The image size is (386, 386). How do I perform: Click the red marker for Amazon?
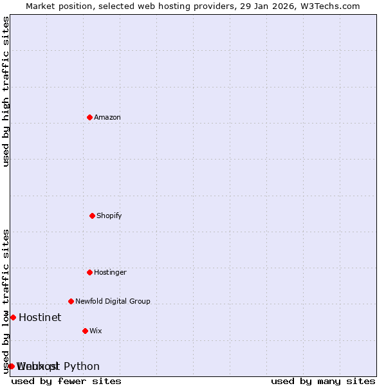pos(89,117)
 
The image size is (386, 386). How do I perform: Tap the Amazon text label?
pos(107,117)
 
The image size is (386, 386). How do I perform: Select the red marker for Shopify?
pos(92,216)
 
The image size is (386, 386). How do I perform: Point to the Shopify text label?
pos(109,216)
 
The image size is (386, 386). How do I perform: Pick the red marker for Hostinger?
pos(89,272)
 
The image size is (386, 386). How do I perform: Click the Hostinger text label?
pos(111,272)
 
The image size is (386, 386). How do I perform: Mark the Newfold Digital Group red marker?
pos(71,301)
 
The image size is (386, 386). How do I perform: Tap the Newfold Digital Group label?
pos(113,301)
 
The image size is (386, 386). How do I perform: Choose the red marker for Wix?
pos(85,331)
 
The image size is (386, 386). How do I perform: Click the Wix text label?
pos(96,331)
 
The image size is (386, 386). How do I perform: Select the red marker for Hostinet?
pos(13,317)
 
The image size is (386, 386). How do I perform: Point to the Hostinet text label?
pos(40,317)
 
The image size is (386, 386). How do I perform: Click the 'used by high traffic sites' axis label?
pos(6,91)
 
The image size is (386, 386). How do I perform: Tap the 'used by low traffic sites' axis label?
pos(6,300)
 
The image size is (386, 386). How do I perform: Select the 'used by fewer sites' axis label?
pos(66,381)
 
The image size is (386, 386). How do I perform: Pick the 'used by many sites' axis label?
pos(323,381)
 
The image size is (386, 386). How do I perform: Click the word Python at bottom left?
pos(81,367)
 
